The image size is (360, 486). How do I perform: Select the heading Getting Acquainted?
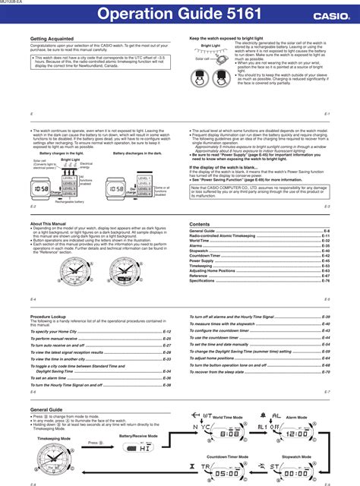pyautogui.click(x=52, y=38)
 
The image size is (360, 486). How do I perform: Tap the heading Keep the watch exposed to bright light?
pyautogui.click(x=232, y=38)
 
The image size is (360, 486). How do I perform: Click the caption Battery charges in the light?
pyautogui.click(x=62, y=153)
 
